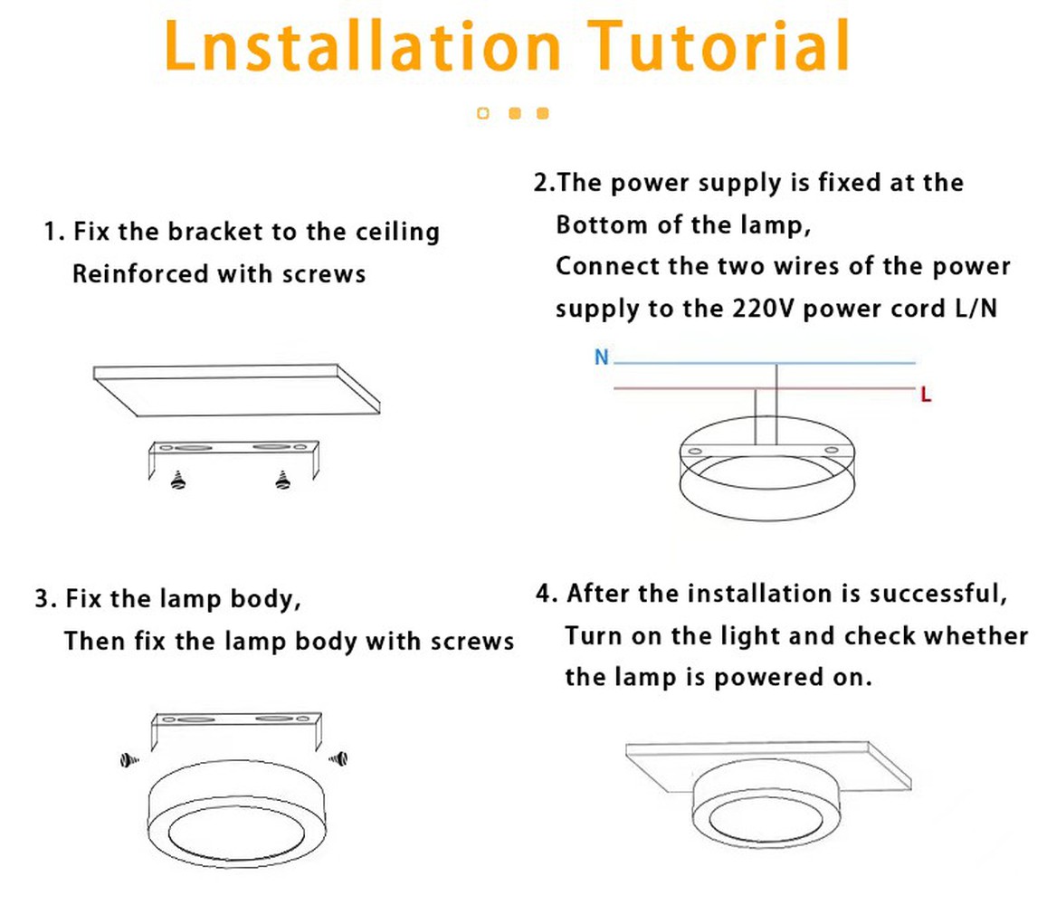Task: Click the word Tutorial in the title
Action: click(719, 45)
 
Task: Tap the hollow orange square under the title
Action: click(482, 113)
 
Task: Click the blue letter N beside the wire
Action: click(602, 357)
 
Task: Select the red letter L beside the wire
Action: click(926, 395)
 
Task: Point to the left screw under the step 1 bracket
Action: click(177, 480)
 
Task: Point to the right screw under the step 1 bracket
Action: click(283, 480)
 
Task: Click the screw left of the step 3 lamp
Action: click(128, 760)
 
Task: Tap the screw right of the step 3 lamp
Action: click(338, 758)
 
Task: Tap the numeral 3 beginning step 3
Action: click(43, 598)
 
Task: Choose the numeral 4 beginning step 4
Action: click(544, 593)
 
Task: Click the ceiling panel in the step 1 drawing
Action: click(237, 390)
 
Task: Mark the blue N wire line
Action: click(765, 363)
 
